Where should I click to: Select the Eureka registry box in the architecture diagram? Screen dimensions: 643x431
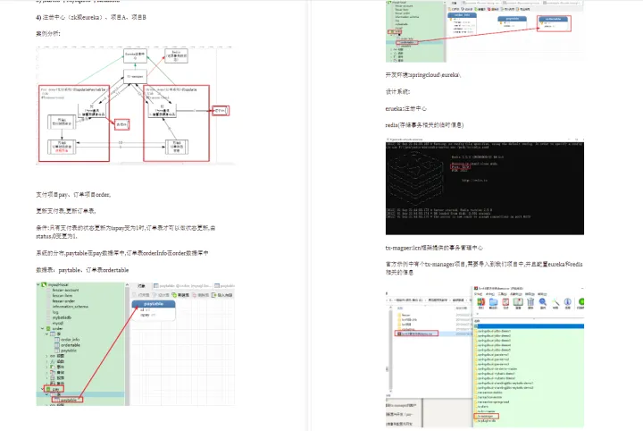[134, 55]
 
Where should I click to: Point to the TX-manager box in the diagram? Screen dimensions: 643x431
[134, 79]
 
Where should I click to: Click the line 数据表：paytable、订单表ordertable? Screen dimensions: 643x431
[82, 269]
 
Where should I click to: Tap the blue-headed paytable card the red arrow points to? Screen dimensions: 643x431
[153, 308]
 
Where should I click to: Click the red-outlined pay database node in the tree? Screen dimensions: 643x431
[56, 391]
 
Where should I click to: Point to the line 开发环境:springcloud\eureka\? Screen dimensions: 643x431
[423, 75]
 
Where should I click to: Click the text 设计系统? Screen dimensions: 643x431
[397, 91]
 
